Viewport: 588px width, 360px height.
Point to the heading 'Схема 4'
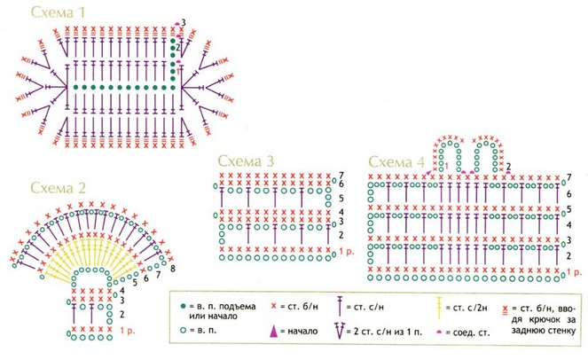(x=396, y=162)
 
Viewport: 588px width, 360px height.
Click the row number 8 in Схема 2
(x=171, y=267)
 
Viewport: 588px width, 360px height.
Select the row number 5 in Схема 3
(x=341, y=198)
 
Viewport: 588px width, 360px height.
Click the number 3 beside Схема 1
(x=183, y=21)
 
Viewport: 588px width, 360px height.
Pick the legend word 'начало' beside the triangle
(x=301, y=333)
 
